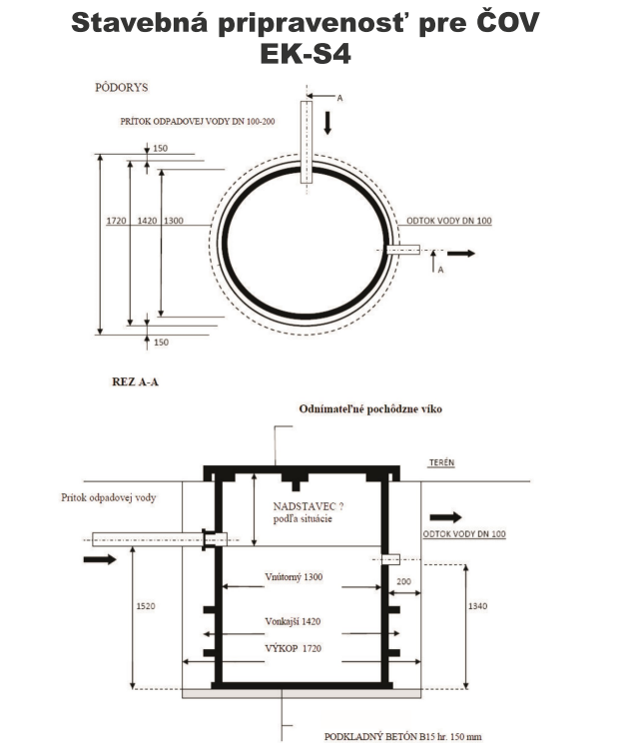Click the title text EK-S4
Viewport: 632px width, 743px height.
click(306, 53)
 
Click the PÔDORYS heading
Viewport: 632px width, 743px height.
click(121, 88)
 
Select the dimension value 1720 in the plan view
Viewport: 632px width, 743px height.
click(116, 221)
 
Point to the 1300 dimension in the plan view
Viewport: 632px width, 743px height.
click(174, 221)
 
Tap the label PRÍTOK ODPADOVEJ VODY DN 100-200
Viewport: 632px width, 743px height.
click(198, 121)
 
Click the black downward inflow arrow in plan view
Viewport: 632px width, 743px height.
click(327, 123)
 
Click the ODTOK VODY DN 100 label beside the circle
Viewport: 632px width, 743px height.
click(449, 221)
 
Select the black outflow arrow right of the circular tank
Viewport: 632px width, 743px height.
click(461, 254)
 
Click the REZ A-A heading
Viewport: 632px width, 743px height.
click(135, 381)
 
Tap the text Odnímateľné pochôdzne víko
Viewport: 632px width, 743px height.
click(370, 408)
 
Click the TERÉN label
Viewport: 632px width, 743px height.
click(441, 462)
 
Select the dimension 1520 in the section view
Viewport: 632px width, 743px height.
click(146, 606)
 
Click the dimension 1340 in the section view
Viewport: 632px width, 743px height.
click(477, 606)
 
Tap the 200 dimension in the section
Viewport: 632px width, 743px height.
click(403, 581)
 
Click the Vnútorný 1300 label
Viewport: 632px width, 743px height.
click(294, 577)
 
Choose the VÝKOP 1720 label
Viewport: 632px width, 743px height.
click(293, 648)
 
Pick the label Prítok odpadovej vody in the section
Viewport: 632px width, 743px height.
click(109, 497)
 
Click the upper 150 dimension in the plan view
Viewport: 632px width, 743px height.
click(160, 149)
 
